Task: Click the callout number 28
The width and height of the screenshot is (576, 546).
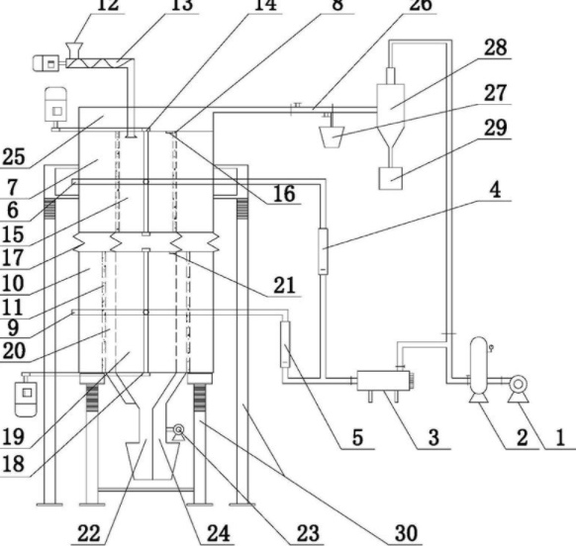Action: (496, 47)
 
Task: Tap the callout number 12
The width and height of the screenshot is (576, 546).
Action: (108, 5)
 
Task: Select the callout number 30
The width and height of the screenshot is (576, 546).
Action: (406, 533)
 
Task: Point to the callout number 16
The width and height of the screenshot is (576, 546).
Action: (284, 194)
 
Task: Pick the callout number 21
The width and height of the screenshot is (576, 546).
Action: (285, 285)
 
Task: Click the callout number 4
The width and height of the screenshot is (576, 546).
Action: (496, 191)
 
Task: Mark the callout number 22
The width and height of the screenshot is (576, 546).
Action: (89, 533)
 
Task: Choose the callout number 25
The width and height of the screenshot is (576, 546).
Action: (14, 157)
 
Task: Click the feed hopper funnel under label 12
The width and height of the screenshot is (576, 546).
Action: (74, 50)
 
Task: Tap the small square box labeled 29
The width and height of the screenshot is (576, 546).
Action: (391, 178)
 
